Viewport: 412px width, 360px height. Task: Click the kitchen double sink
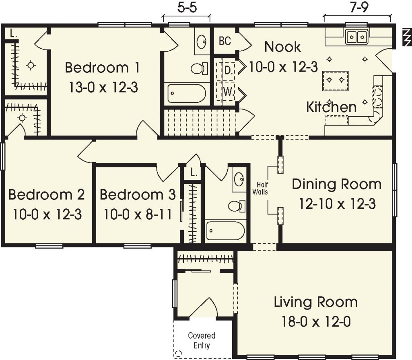click(356, 37)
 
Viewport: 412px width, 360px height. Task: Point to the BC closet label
click(225, 41)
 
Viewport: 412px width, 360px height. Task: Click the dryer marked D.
click(228, 70)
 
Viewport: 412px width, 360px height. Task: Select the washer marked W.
click(228, 92)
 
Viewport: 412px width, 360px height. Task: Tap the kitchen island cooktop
click(335, 79)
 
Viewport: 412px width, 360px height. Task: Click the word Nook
click(282, 47)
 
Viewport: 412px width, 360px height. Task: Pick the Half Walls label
click(260, 188)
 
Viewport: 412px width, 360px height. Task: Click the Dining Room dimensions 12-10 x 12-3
click(337, 204)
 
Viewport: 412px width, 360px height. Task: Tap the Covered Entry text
click(202, 340)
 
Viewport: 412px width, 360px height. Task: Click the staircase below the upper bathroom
click(199, 122)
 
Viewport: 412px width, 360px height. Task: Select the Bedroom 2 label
click(46, 195)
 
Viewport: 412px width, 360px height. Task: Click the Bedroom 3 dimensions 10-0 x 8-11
click(138, 214)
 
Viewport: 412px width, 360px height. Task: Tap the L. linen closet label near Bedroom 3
click(194, 173)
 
